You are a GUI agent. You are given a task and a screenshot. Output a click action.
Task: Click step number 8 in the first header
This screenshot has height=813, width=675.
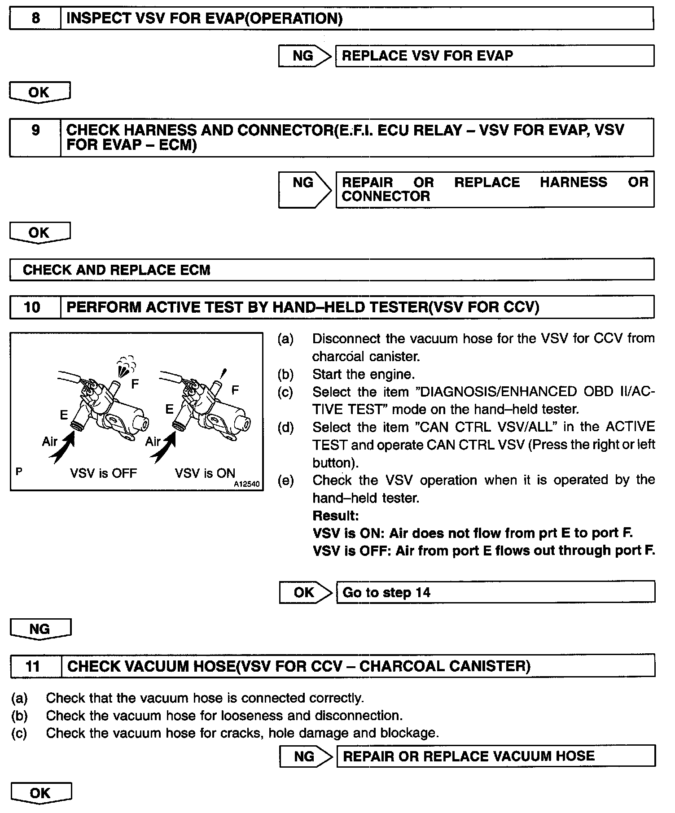[35, 18]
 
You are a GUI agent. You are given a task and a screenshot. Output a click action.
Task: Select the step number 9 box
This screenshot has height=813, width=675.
[35, 131]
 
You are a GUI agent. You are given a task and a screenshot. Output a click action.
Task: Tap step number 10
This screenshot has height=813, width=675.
[32, 307]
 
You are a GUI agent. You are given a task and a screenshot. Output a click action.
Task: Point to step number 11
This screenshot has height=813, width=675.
[33, 666]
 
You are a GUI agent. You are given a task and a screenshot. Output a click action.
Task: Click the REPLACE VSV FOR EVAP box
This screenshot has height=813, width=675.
[494, 56]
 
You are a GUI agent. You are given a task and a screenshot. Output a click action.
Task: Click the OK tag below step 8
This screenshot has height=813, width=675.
[39, 92]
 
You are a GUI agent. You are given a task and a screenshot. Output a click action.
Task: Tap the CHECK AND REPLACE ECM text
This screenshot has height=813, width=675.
[116, 270]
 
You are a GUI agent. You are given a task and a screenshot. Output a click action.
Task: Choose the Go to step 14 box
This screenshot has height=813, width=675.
[495, 592]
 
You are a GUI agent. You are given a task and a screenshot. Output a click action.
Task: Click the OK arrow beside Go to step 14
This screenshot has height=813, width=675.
[305, 592]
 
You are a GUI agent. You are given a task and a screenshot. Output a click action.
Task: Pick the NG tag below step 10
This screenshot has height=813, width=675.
[40, 629]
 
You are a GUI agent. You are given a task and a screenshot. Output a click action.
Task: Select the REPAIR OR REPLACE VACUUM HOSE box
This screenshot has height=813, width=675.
[495, 756]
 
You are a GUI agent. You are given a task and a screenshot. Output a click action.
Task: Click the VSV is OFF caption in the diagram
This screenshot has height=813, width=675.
[103, 473]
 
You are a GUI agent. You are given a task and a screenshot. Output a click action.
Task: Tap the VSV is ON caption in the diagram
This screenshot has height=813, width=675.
[205, 473]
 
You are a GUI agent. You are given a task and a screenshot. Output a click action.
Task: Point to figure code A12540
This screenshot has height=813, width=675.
[246, 485]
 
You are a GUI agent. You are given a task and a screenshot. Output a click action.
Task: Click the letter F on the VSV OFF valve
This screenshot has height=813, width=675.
[135, 384]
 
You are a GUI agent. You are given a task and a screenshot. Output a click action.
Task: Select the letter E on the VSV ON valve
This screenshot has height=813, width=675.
[169, 409]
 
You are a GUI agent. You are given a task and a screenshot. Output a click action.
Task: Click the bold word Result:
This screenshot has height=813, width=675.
[336, 516]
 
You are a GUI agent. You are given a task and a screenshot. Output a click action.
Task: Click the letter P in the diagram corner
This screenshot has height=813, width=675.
[19, 471]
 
